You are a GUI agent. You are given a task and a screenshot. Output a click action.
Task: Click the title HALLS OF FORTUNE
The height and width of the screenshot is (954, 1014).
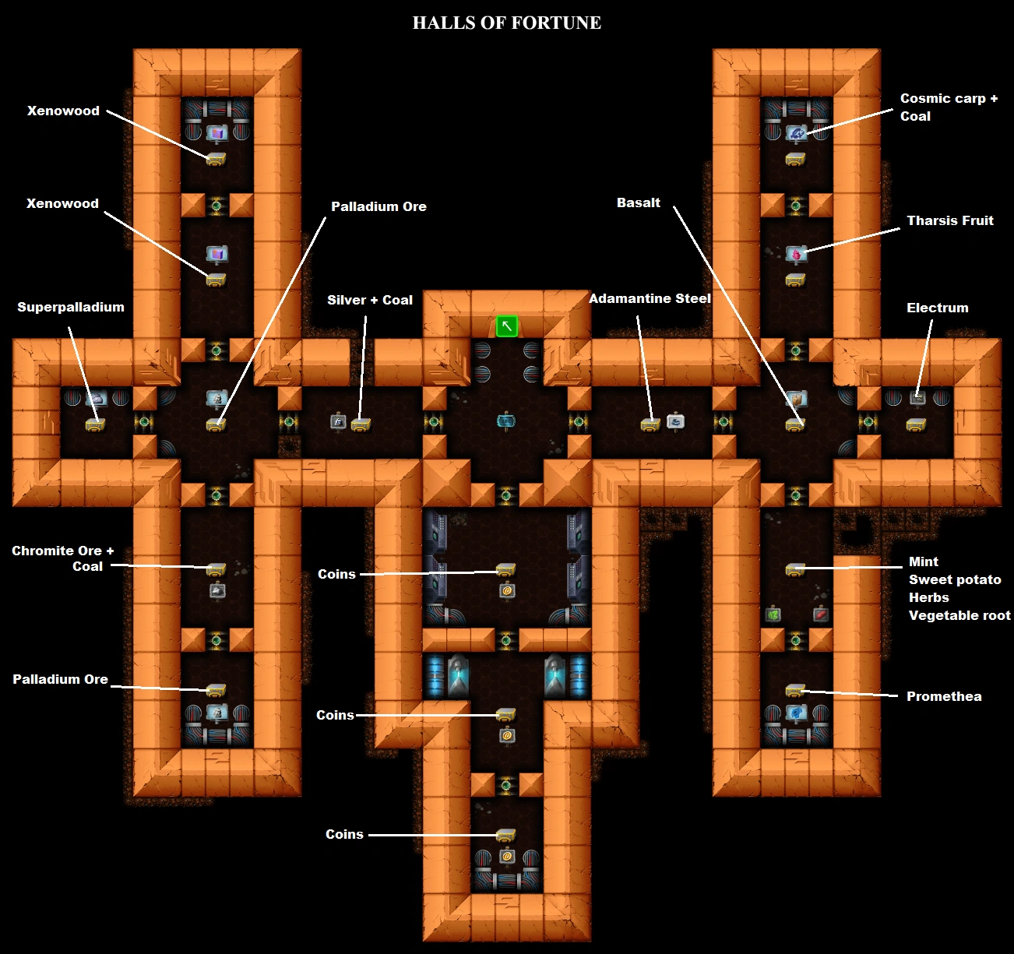click(506, 23)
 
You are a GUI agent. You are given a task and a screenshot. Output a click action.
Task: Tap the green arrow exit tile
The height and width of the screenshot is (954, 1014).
click(507, 326)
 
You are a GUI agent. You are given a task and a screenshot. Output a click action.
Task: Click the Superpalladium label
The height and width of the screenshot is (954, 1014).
click(71, 307)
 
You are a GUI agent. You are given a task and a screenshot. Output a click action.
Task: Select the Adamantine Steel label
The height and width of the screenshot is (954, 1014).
click(650, 298)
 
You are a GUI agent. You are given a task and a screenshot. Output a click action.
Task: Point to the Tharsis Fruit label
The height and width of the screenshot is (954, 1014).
click(949, 220)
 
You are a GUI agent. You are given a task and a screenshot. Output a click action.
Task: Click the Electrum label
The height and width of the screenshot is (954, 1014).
click(937, 308)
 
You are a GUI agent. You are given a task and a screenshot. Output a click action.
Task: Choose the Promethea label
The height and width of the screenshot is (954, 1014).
click(943, 696)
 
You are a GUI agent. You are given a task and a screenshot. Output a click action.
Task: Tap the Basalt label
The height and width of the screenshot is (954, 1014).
click(638, 202)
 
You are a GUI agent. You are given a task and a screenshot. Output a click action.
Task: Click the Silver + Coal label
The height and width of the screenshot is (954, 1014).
click(369, 300)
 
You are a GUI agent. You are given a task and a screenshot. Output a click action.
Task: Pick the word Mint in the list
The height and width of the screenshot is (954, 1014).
click(923, 561)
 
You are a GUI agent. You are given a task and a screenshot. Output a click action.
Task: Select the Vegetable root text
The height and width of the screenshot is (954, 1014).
click(959, 615)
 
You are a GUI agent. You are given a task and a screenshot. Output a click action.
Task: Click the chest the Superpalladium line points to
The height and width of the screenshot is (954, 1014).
click(95, 424)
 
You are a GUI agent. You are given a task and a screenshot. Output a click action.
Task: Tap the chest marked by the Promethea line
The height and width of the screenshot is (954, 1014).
click(795, 690)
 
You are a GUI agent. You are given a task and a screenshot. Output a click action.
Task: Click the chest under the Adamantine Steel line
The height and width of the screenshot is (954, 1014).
click(650, 424)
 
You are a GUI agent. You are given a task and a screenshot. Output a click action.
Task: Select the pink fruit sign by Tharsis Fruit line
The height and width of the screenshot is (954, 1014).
click(795, 254)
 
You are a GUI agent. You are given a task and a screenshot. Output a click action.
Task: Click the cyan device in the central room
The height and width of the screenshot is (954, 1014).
click(506, 421)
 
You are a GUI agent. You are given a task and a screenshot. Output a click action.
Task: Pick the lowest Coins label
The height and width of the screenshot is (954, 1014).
click(344, 834)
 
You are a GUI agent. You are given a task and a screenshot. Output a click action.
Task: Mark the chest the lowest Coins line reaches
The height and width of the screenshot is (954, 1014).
click(506, 836)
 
